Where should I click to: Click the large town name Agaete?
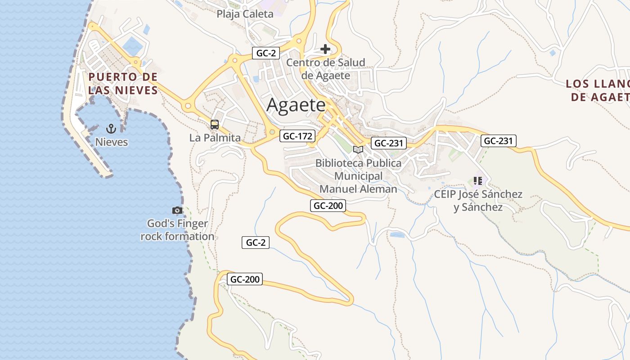pyautogui.click(x=296, y=105)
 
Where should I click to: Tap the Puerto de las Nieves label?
pyautogui.click(x=123, y=84)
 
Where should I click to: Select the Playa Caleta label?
pyautogui.click(x=245, y=14)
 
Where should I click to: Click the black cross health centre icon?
pyautogui.click(x=325, y=49)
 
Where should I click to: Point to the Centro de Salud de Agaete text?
pyautogui.click(x=325, y=69)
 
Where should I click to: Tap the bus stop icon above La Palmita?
pyautogui.click(x=215, y=125)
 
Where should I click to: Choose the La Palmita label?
pyautogui.click(x=215, y=138)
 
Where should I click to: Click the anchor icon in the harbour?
pyautogui.click(x=111, y=129)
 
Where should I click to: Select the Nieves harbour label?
pyautogui.click(x=111, y=142)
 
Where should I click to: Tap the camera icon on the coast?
pyautogui.click(x=177, y=210)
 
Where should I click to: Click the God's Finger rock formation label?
pyautogui.click(x=177, y=230)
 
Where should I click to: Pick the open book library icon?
pyautogui.click(x=358, y=149)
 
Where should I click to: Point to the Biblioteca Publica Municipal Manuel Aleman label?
pyautogui.click(x=358, y=176)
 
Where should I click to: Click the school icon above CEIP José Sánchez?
pyautogui.click(x=477, y=181)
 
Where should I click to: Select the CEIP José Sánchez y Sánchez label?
pyautogui.click(x=478, y=201)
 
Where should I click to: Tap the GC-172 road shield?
pyautogui.click(x=297, y=136)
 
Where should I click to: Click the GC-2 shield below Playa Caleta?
pyautogui.click(x=265, y=53)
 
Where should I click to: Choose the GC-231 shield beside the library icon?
pyautogui.click(x=389, y=144)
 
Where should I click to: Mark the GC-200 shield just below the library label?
pyautogui.click(x=328, y=206)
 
